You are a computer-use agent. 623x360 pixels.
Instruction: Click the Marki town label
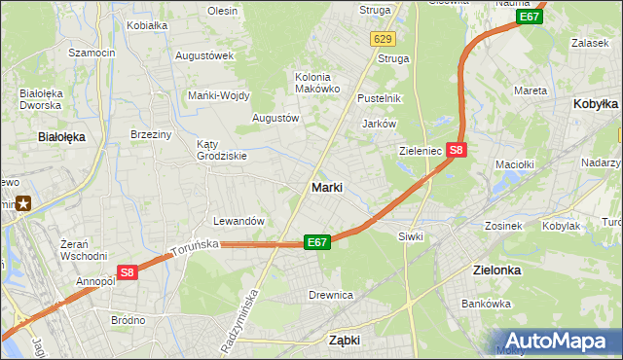tap(326, 187)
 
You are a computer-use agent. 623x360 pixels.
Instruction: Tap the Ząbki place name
tap(345, 341)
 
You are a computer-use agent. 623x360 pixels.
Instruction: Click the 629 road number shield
tap(383, 39)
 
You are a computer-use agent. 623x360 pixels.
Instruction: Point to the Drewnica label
tap(330, 295)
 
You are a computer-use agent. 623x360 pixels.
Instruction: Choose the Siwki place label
tap(409, 236)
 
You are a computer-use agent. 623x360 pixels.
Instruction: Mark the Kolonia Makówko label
tap(317, 83)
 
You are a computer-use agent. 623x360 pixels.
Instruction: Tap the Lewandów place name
tap(238, 221)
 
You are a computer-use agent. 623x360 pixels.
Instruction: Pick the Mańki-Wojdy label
tap(219, 95)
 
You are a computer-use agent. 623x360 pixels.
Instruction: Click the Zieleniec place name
tap(421, 152)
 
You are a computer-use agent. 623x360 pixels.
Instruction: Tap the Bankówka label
tap(486, 304)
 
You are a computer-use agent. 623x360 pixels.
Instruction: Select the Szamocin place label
tap(92, 53)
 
